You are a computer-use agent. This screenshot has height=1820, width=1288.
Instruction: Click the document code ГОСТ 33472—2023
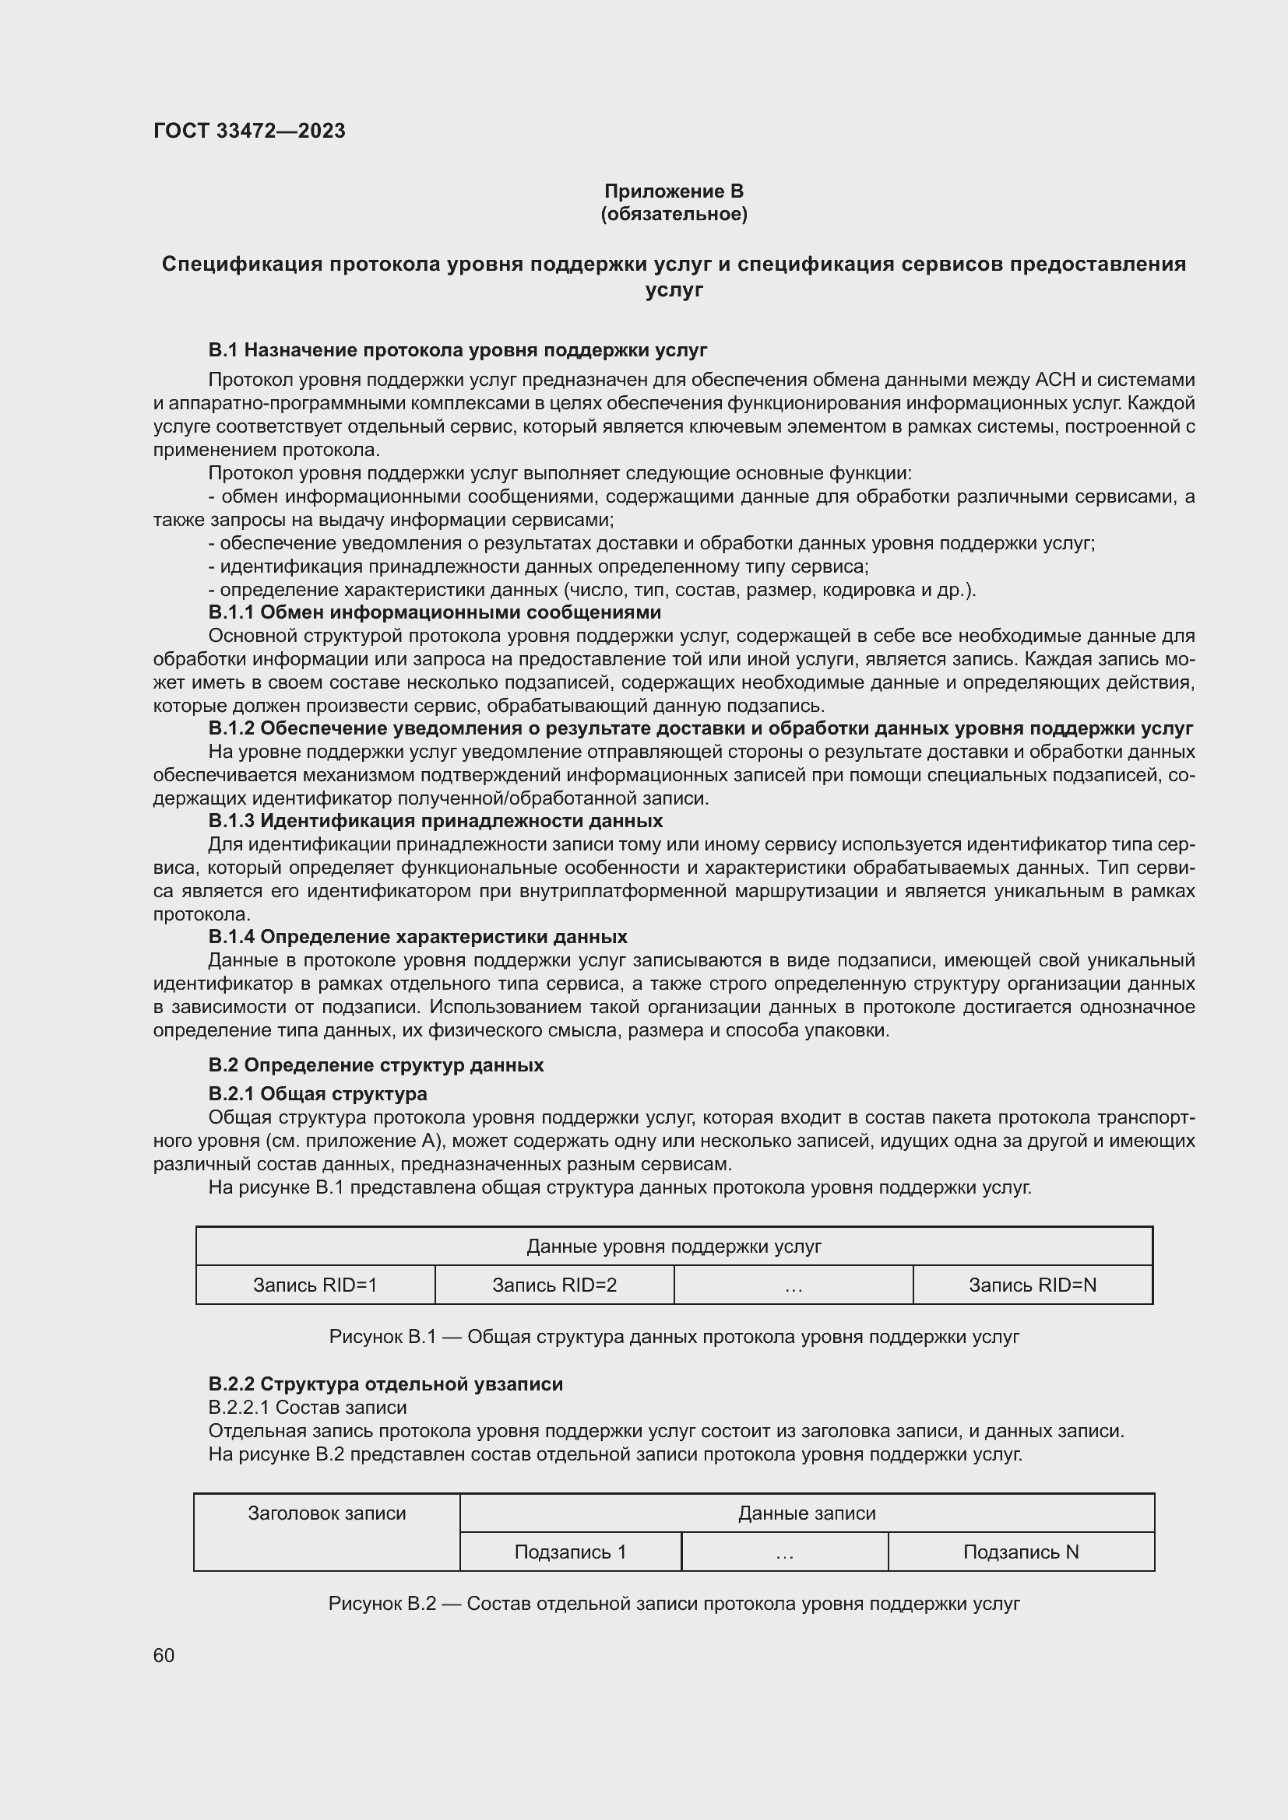click(x=249, y=131)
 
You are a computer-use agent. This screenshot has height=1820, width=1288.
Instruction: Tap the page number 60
click(x=164, y=1655)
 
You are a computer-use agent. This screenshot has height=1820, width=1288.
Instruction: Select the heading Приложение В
click(x=674, y=191)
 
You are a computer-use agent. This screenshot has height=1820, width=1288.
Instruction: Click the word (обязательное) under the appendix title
click(x=674, y=214)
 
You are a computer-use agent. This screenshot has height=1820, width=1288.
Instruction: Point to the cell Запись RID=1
click(x=315, y=1285)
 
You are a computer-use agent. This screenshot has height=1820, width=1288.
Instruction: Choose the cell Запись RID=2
click(x=554, y=1285)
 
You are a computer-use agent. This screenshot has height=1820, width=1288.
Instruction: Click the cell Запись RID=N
click(x=1033, y=1285)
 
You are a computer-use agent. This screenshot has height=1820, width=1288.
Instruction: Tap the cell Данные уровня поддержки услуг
click(x=674, y=1247)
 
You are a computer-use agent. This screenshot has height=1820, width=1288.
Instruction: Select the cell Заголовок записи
click(x=327, y=1513)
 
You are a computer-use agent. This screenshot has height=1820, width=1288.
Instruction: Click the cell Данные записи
click(x=807, y=1513)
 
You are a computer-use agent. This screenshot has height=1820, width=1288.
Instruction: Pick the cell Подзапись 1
click(x=570, y=1552)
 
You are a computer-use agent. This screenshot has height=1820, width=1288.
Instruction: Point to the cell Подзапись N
click(x=1021, y=1552)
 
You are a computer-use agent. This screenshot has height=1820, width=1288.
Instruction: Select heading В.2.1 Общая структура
click(x=317, y=1094)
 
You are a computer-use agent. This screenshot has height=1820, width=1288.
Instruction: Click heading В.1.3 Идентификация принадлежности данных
click(x=435, y=820)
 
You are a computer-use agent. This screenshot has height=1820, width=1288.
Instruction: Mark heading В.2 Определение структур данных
click(x=376, y=1064)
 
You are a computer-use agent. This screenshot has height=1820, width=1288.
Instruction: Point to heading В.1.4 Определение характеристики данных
click(x=417, y=937)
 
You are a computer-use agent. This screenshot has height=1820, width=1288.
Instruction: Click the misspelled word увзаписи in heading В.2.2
click(x=519, y=1384)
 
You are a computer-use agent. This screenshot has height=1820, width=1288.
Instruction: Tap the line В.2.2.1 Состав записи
click(x=307, y=1407)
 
